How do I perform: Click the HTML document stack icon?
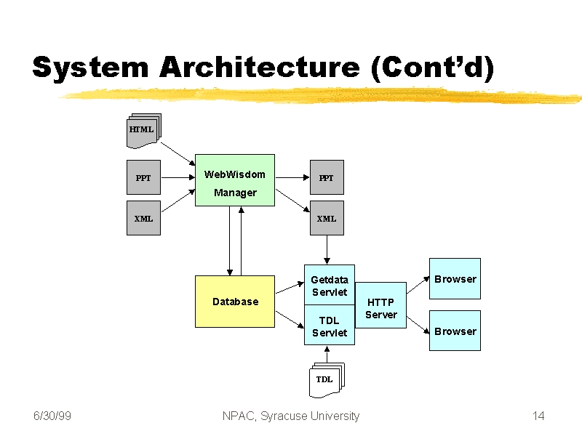(144, 131)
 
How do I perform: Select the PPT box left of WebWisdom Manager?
(143, 177)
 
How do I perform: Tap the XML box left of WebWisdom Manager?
(143, 218)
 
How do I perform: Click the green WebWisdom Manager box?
(235, 180)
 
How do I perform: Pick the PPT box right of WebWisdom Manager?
(327, 177)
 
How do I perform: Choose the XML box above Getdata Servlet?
(327, 218)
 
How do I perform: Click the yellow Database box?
(235, 302)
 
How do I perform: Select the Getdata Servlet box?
(330, 285)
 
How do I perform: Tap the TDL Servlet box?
(330, 325)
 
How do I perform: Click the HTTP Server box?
(380, 305)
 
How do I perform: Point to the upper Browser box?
(455, 279)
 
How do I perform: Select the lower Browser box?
(455, 331)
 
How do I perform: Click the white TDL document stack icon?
(327, 380)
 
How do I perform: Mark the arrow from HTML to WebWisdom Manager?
(178, 154)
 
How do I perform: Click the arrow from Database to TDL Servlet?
(290, 320)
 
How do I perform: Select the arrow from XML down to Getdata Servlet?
(327, 250)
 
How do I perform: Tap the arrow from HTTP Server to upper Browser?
(418, 285)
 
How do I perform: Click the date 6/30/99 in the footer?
(52, 416)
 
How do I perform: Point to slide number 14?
(538, 416)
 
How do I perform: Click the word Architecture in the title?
(260, 68)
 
